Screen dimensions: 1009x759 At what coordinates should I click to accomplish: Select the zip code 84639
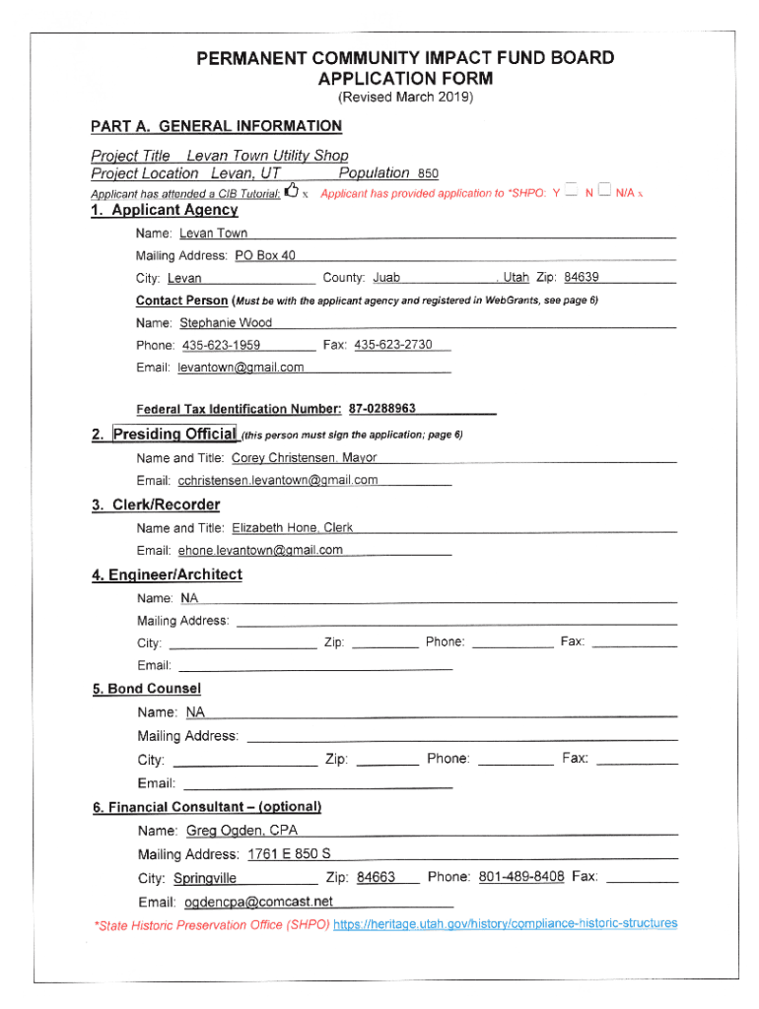[x=582, y=278]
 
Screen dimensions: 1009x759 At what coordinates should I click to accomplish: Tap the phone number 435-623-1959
[x=221, y=346]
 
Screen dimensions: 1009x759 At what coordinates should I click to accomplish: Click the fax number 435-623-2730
[x=392, y=345]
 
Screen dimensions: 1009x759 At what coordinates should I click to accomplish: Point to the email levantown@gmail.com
[x=241, y=368]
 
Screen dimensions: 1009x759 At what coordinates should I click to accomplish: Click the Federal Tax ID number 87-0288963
[x=379, y=408]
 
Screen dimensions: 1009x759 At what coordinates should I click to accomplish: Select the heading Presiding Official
[x=175, y=434]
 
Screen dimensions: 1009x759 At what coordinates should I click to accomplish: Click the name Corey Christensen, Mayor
[x=304, y=458]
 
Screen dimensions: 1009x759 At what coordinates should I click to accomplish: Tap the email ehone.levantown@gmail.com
[x=260, y=550]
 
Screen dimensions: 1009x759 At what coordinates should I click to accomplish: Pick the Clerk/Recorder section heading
[x=156, y=505]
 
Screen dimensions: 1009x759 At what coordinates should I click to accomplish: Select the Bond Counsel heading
[x=147, y=689]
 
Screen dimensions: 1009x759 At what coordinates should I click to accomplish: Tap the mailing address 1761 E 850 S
[x=289, y=853]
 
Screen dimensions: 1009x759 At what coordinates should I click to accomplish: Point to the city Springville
[x=205, y=878]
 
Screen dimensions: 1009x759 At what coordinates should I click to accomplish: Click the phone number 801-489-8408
[x=520, y=876]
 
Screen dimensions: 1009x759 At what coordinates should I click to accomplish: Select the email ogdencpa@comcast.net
[x=255, y=902]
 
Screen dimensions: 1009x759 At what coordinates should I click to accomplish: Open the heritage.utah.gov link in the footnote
[x=506, y=924]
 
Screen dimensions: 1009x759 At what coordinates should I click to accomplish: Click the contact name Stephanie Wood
[x=226, y=323]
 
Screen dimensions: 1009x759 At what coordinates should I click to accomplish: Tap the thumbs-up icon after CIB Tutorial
[x=291, y=192]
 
